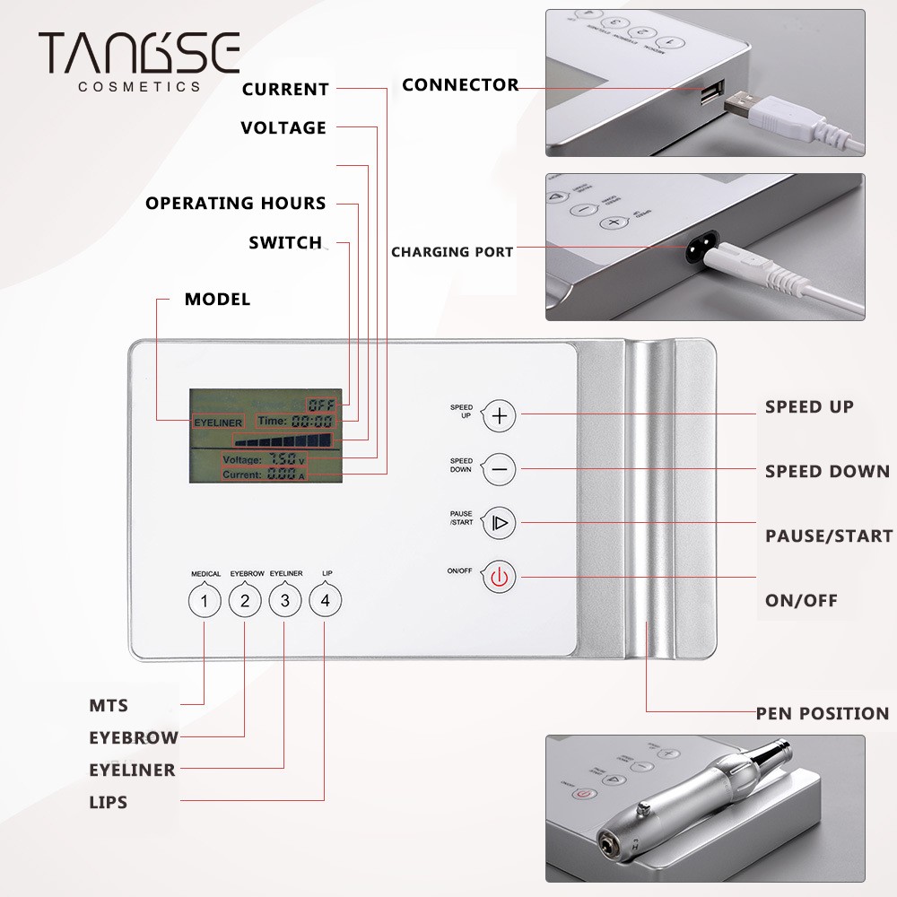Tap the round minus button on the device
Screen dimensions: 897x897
click(500, 468)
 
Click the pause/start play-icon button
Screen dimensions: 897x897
click(500, 522)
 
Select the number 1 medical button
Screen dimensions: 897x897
click(204, 601)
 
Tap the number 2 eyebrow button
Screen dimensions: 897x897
click(244, 601)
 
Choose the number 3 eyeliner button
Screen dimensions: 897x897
click(284, 601)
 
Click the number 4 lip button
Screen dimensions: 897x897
click(325, 601)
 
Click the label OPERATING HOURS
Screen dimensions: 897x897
click(236, 203)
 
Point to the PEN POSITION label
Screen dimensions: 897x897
click(822, 714)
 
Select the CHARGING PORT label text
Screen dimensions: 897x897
click(452, 252)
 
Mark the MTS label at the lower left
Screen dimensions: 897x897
click(109, 706)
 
